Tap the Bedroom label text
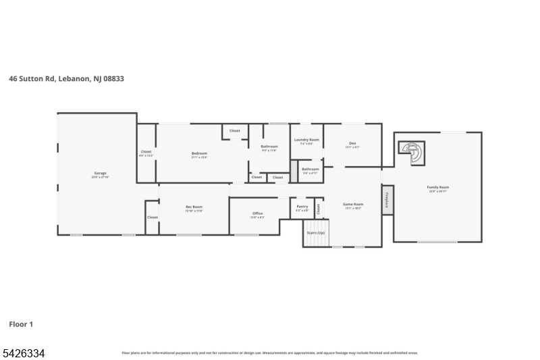[199, 153]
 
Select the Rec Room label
[194, 207]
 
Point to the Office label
[258, 213]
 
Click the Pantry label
[302, 207]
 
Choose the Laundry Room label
[306, 140]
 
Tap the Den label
[352, 143]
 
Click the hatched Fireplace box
[387, 200]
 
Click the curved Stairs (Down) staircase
[413, 152]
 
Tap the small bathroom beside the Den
[310, 170]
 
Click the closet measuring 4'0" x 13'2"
[146, 153]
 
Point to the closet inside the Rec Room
[153, 217]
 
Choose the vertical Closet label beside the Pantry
[319, 209]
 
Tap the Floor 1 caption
[21, 324]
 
